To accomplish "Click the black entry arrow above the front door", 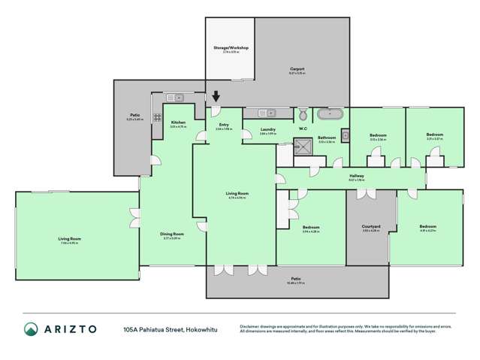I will [217, 96].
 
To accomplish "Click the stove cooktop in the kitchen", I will [158, 116].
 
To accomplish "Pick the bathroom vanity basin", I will [345, 135].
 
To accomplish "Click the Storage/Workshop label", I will [231, 48].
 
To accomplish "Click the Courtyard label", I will [371, 226].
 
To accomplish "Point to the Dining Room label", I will [172, 234].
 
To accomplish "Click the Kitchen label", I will [178, 123].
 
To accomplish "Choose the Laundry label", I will [269, 130].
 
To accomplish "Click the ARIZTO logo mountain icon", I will [31, 328].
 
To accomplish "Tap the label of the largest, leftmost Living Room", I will [70, 239].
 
